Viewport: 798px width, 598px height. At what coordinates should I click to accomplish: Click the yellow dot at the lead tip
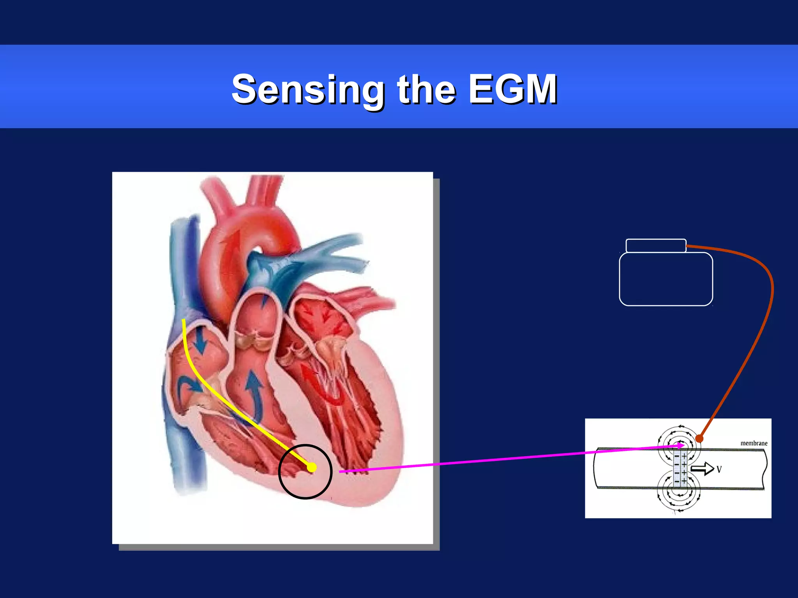pos(312,468)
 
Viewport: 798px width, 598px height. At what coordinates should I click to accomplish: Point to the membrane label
pos(754,443)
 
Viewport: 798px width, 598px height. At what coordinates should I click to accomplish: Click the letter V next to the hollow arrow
pos(719,470)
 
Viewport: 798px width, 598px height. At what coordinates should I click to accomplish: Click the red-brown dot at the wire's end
pos(699,439)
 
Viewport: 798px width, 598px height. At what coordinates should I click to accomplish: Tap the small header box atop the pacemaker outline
pos(656,246)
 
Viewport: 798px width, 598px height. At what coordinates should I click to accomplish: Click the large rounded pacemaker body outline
pos(666,279)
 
